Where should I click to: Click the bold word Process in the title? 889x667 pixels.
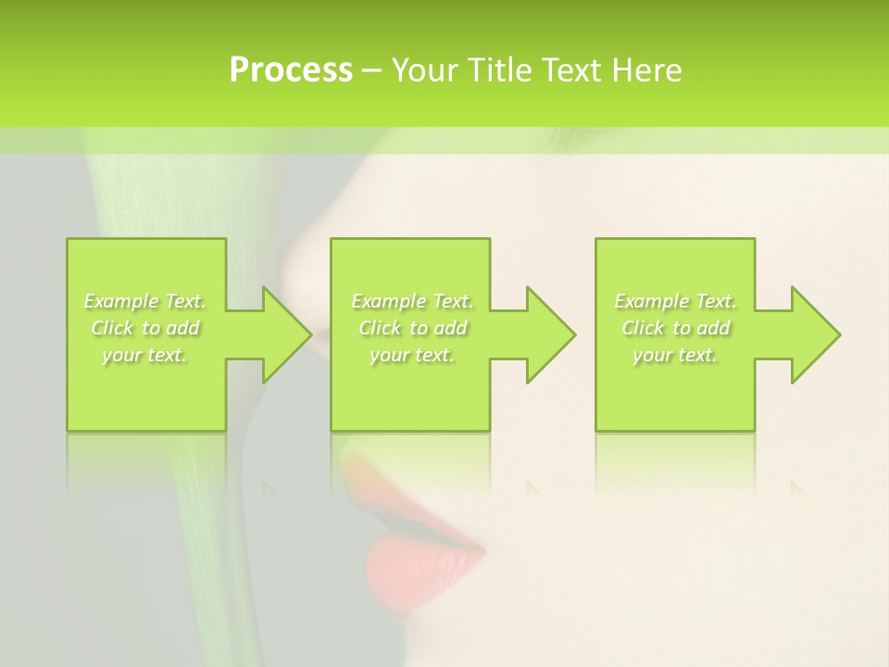click(x=291, y=70)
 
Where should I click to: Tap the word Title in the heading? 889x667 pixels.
click(x=497, y=70)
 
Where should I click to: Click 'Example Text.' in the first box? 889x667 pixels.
click(x=145, y=301)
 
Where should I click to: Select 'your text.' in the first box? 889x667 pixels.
click(x=145, y=355)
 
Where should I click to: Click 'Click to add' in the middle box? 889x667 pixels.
click(x=412, y=328)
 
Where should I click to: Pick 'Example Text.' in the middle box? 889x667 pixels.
click(x=412, y=301)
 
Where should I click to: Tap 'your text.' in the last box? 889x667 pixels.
click(x=675, y=355)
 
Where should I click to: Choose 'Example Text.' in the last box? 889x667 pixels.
click(x=675, y=301)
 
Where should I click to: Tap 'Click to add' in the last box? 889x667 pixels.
click(x=675, y=328)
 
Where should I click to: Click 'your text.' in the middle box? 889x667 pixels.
click(x=412, y=355)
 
